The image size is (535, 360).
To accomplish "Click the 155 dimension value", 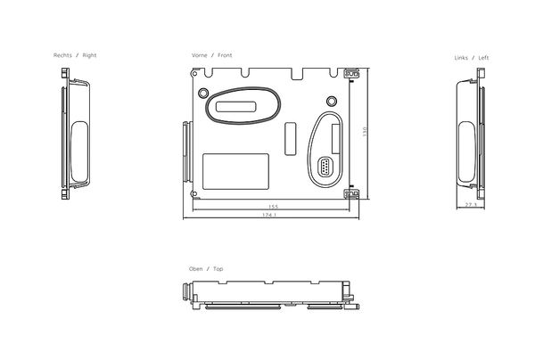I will tap(274, 207).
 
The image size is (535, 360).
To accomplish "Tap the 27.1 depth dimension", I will tap(470, 205).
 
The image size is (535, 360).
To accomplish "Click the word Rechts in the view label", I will tap(63, 55).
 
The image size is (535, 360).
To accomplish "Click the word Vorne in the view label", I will tap(200, 55).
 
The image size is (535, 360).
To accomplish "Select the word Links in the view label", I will tap(461, 58).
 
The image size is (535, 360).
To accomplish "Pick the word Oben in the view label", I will tap(195, 268).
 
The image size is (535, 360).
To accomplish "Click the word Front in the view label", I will tap(225, 55).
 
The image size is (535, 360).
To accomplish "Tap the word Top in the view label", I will tap(218, 268).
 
